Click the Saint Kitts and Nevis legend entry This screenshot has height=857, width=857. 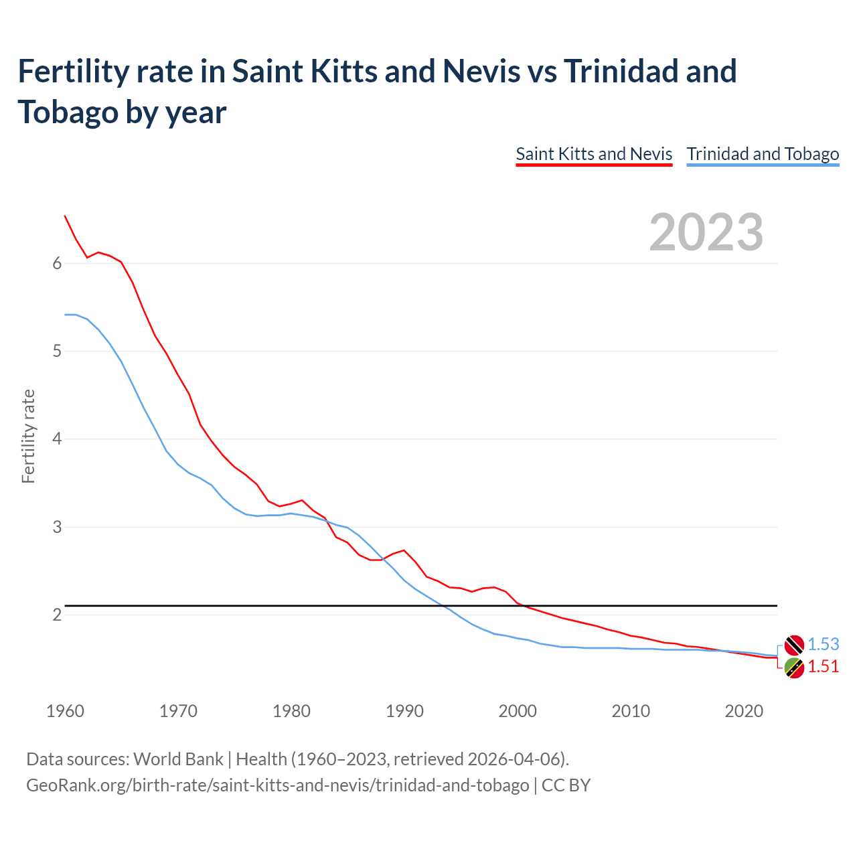click(594, 154)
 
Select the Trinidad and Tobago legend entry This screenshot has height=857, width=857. click(763, 154)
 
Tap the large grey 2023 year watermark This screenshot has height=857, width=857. click(706, 232)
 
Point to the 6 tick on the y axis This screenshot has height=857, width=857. click(57, 263)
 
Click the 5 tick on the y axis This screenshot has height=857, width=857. click(57, 351)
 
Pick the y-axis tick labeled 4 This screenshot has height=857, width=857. click(57, 439)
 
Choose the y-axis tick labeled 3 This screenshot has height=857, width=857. click(57, 527)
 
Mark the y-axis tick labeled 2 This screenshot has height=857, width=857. click(57, 615)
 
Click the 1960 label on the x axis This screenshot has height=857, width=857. click(65, 711)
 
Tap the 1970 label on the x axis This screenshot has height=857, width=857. click(178, 711)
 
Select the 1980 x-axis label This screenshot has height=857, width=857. click(291, 711)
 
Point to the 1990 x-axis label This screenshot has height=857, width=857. click(404, 711)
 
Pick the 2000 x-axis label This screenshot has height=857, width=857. click(518, 711)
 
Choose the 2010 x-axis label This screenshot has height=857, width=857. click(631, 711)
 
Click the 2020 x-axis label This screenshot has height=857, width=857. click(744, 711)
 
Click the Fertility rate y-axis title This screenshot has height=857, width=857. click(28, 436)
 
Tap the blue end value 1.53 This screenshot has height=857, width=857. click(823, 644)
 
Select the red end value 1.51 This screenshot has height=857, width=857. click(823, 666)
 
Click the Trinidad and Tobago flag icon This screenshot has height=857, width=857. click(794, 645)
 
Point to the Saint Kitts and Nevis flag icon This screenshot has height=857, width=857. click(794, 668)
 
